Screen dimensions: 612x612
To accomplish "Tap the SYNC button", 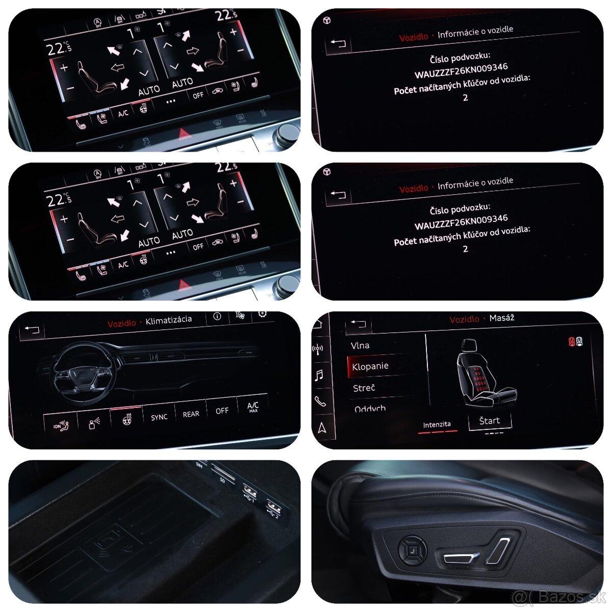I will pyautogui.click(x=159, y=417).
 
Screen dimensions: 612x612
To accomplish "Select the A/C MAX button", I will pyautogui.click(x=253, y=406).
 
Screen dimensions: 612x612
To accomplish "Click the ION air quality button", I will pyautogui.click(x=61, y=425).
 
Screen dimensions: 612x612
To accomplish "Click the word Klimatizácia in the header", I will pyautogui.click(x=169, y=320).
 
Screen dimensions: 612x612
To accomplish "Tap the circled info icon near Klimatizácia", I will pyautogui.click(x=217, y=317).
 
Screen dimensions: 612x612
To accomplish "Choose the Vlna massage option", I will pyautogui.click(x=360, y=345).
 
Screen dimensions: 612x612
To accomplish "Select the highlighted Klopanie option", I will pyautogui.click(x=370, y=366).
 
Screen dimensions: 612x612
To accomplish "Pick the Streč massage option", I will pyautogui.click(x=364, y=388).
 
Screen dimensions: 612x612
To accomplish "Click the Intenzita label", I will pyautogui.click(x=437, y=424).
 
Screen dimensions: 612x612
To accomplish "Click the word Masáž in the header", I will pyautogui.click(x=502, y=318).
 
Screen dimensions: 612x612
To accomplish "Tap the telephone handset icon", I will pyautogui.click(x=320, y=401).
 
